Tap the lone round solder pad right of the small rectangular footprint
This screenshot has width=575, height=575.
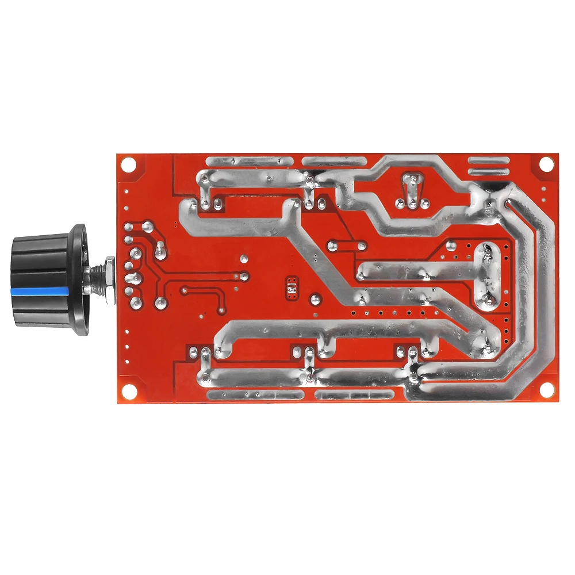coord(315,299)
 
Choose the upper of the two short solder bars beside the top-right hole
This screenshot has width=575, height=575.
coord(489,161)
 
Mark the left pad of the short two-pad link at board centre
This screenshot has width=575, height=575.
coord(332,246)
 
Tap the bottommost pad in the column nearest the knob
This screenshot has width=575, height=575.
coord(136,302)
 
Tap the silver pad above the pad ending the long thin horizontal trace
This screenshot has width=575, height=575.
coord(244,260)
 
